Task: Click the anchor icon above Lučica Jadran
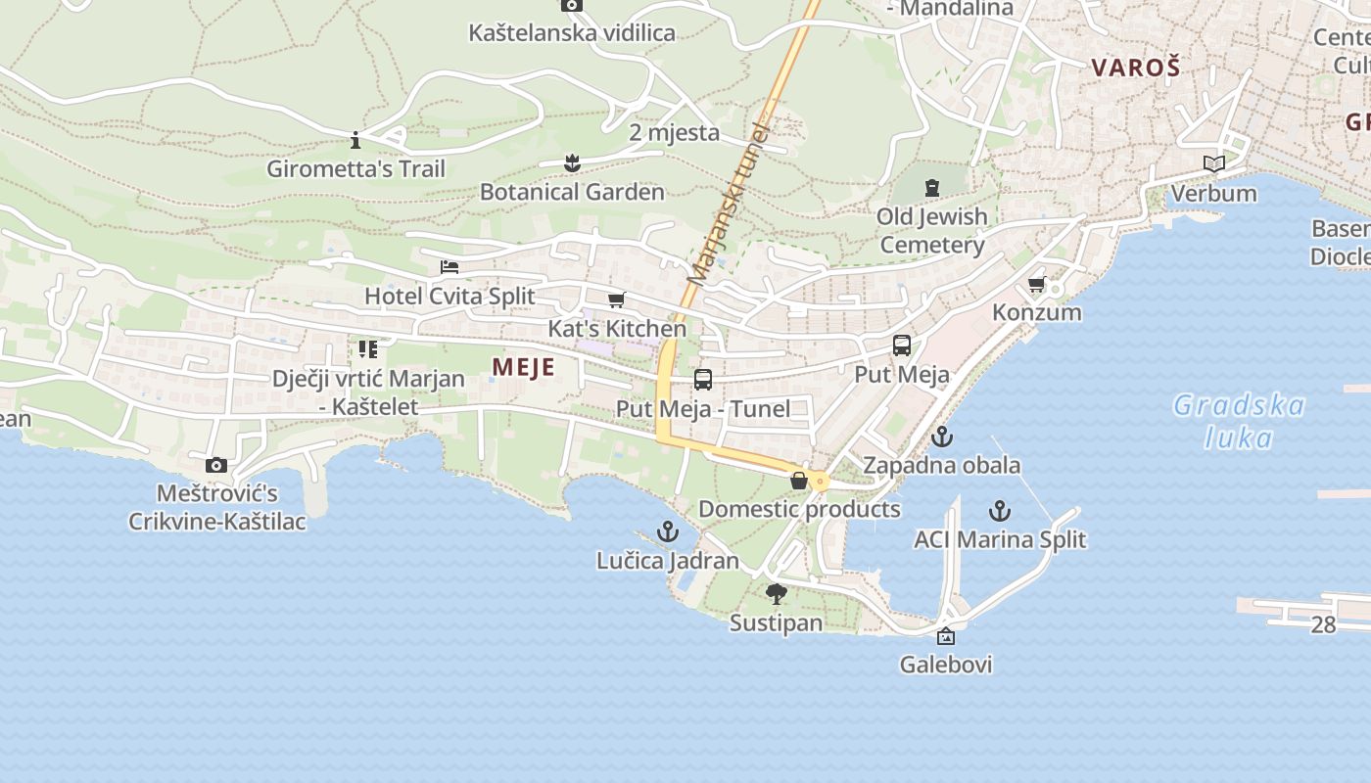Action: click(667, 531)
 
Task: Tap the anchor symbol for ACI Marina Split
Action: click(999, 510)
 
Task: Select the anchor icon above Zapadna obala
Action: click(942, 437)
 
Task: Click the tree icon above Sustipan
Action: click(777, 593)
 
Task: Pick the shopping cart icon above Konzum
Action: click(1036, 284)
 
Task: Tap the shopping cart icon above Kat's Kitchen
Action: click(616, 299)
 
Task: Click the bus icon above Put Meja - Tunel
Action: click(702, 380)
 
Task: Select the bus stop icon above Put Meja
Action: click(901, 345)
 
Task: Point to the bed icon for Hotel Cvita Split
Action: click(449, 267)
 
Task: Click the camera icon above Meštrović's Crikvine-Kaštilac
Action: click(216, 465)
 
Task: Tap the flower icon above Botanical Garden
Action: click(572, 163)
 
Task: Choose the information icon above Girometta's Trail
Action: click(355, 139)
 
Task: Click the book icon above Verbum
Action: click(1214, 163)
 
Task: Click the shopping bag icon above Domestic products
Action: click(799, 480)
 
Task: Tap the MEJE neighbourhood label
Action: click(523, 368)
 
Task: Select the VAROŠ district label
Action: click(1135, 68)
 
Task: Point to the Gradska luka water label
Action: click(1239, 421)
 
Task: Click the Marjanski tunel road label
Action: click(729, 206)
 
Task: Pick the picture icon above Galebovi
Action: click(946, 636)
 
